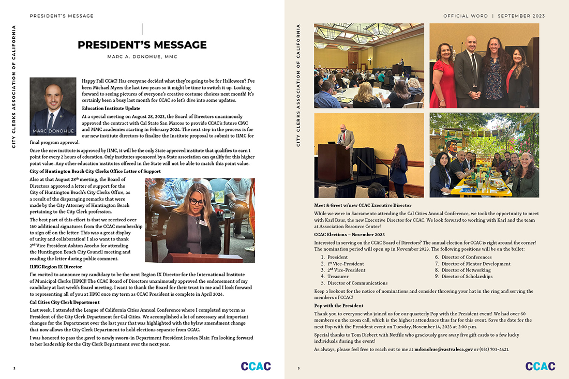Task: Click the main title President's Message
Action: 142,45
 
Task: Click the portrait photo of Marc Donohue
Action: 53,106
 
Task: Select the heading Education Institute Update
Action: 111,108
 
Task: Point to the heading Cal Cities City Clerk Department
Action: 65,302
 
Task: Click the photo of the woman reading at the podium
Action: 200,221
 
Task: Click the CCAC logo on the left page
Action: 256,366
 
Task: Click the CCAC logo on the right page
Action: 540,366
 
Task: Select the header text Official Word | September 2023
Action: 494,16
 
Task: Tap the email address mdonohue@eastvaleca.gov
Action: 443,350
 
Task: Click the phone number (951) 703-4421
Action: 495,350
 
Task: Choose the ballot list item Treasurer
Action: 338,277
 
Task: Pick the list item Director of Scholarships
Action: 467,277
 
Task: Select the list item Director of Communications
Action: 357,283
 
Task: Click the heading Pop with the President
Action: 339,306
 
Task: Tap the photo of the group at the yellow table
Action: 484,155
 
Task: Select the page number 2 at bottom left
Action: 14,369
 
